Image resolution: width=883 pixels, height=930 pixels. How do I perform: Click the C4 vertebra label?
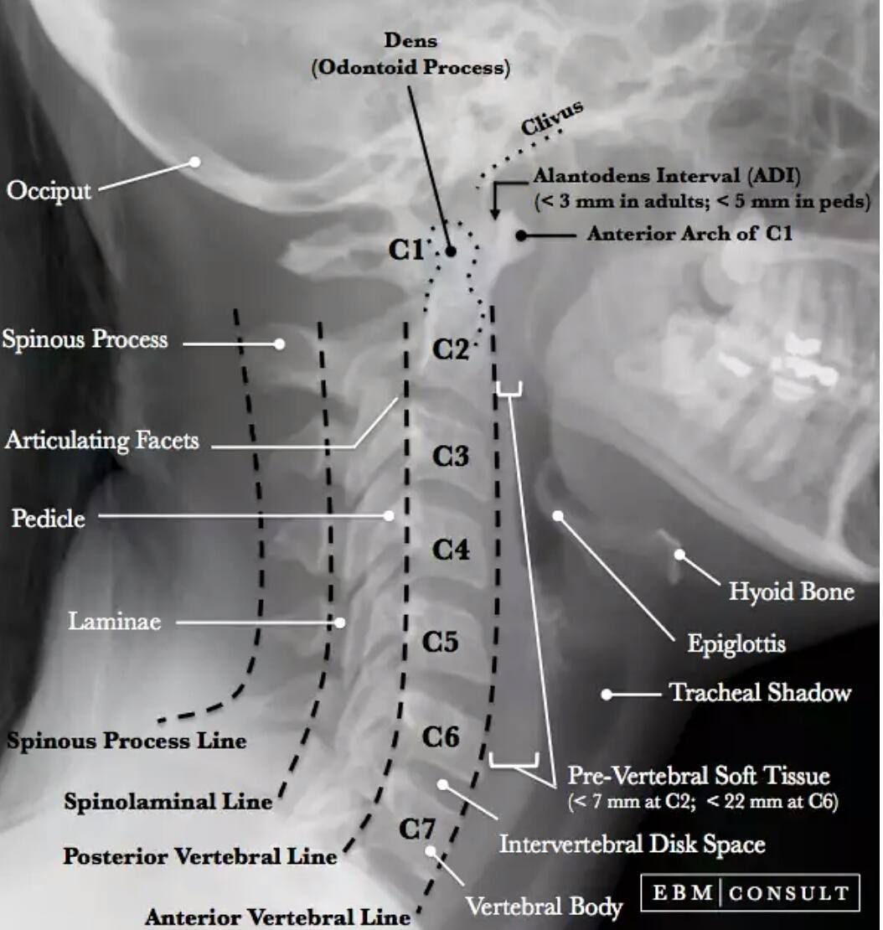coord(451,550)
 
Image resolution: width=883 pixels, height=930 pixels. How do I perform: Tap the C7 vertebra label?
coord(417,829)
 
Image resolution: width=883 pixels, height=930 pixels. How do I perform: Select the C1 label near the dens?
coord(406,250)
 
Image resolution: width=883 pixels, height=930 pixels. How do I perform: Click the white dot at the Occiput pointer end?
coord(194,162)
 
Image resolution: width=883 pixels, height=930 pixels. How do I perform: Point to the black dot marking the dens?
coord(450,251)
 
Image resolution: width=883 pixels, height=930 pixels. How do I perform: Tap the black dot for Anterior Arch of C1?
coord(520,235)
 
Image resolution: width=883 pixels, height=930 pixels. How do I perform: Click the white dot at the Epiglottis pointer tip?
coord(558,515)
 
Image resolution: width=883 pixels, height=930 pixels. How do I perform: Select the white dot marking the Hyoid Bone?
coord(679,555)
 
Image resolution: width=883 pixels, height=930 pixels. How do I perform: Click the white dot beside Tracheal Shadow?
coord(606,694)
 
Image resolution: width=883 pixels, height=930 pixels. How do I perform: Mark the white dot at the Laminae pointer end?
coord(340,623)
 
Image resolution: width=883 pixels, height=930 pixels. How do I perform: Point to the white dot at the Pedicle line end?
coord(389,515)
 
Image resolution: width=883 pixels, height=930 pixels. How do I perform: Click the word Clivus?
coord(551,117)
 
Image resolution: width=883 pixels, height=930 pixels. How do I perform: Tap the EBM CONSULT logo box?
coord(750,892)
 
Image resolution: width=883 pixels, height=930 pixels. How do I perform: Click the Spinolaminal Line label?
coord(168,802)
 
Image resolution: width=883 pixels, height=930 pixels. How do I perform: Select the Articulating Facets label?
coord(102,441)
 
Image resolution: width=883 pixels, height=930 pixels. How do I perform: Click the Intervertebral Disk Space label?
coord(633,845)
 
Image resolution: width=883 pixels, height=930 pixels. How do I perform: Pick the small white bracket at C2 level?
coord(509,389)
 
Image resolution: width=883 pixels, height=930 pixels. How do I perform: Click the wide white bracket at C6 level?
coord(514,761)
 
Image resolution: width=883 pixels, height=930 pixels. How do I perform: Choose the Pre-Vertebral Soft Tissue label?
coord(699,776)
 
